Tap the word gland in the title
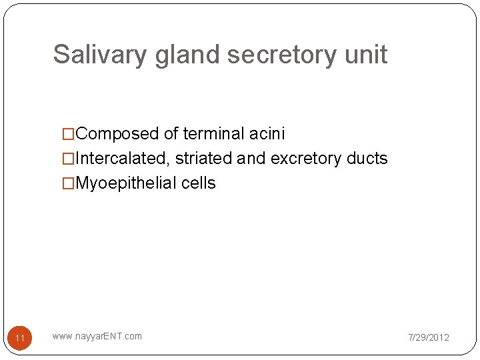click(188, 55)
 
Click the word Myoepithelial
click(127, 183)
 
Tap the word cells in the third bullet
click(199, 183)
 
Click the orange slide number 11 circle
click(20, 338)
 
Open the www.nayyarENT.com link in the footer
click(97, 336)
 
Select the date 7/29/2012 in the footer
click(429, 337)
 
